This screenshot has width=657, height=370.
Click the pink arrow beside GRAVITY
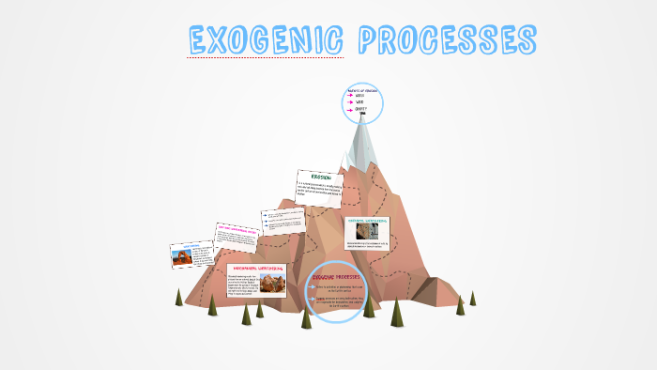pos(349,110)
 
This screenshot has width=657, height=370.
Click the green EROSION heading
pos(322,177)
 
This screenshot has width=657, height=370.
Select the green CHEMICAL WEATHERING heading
pos(367,221)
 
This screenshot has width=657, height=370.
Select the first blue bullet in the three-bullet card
pos(269,215)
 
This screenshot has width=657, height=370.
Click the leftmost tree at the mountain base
pos(178,298)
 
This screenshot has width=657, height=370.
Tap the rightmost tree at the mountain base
pos(472,298)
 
